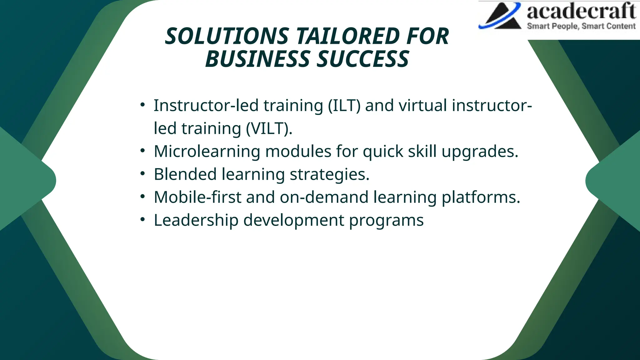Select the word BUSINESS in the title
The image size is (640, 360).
(x=257, y=59)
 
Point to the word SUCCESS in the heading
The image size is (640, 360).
(x=362, y=59)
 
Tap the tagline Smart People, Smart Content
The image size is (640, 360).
(x=581, y=26)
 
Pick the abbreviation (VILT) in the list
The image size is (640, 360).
(x=269, y=128)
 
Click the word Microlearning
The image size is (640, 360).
(x=207, y=151)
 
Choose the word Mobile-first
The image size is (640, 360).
(x=197, y=197)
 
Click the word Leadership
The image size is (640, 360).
(x=196, y=220)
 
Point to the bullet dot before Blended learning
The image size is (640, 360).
(x=142, y=173)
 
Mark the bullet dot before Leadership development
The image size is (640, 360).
(x=142, y=219)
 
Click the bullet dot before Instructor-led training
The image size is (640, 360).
(x=142, y=104)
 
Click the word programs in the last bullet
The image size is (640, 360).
(x=386, y=221)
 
